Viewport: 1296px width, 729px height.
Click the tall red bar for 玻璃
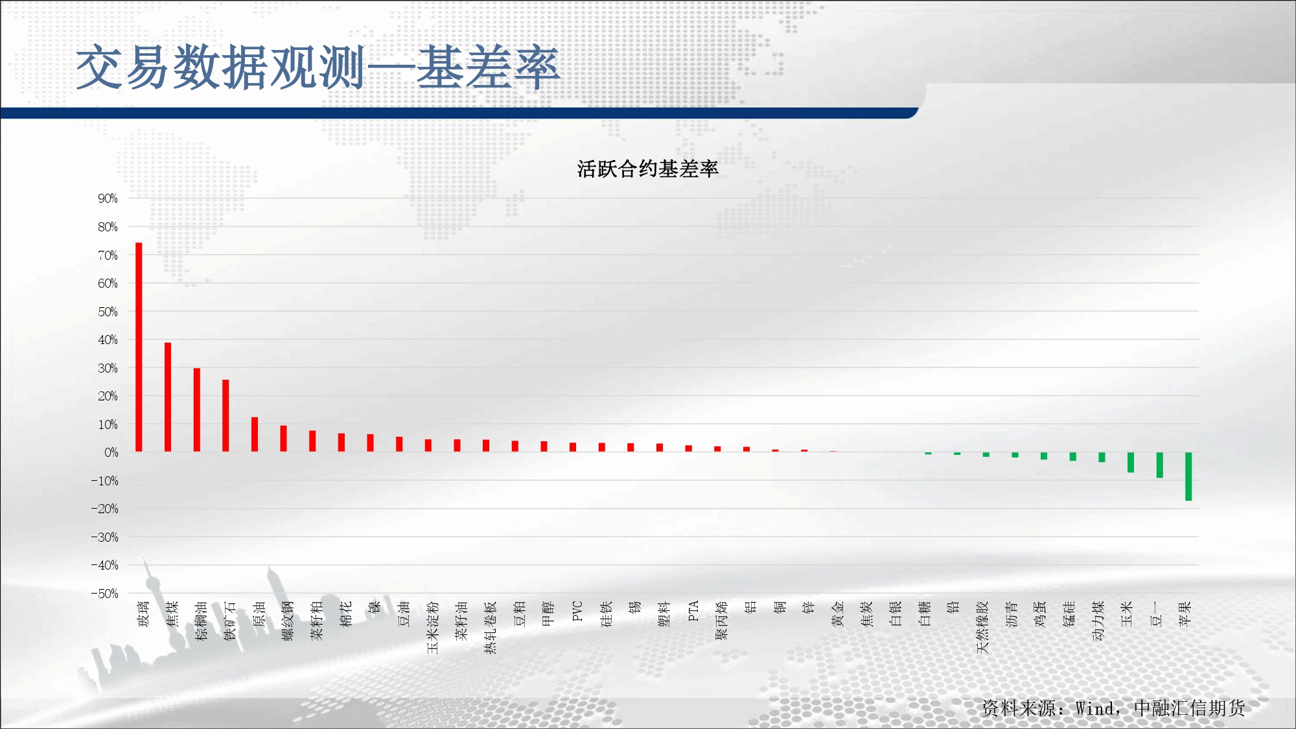pos(139,347)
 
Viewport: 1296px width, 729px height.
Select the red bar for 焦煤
pos(168,397)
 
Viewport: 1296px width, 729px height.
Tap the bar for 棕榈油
pos(197,410)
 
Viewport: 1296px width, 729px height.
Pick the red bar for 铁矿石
pos(226,415)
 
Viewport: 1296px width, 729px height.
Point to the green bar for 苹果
pos(1188,476)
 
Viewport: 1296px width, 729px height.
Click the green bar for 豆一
pos(1159,465)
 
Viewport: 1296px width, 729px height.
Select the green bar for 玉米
pos(1131,463)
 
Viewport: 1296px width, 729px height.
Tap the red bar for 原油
pos(255,434)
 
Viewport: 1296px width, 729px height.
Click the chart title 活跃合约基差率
pos(647,169)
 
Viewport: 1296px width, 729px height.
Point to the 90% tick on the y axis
pos(108,198)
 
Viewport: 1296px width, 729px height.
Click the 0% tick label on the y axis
pos(111,452)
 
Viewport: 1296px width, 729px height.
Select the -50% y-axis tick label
pos(104,594)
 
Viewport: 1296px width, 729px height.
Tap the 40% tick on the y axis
pos(108,340)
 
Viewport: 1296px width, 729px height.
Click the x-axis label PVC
pos(577,611)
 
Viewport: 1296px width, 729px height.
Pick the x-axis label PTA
pos(693,611)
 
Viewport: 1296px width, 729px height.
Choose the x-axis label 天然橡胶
pos(982,627)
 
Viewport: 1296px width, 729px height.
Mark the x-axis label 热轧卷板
pos(491,627)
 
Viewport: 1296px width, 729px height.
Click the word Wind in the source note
pos(1096,708)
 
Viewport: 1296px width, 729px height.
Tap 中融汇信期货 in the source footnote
pos(1190,708)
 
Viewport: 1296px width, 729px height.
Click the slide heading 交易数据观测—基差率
pos(318,67)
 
